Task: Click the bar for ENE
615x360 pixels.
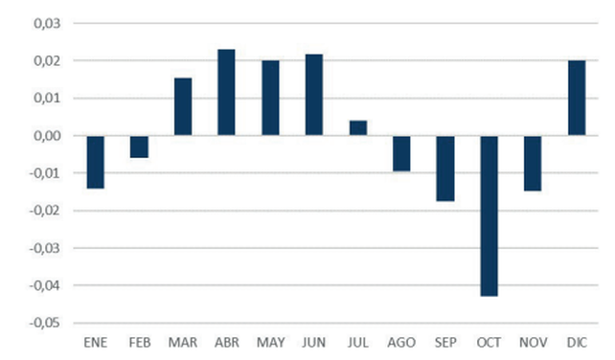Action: click(x=95, y=162)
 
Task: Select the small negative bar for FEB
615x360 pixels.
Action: click(x=139, y=146)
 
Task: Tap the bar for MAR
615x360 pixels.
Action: click(x=183, y=106)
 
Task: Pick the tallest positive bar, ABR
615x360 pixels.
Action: click(x=227, y=93)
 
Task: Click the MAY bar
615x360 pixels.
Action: click(x=271, y=98)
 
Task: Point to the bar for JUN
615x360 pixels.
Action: click(x=314, y=95)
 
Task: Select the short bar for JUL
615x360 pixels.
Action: click(x=358, y=128)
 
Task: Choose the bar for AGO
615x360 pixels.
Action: click(x=401, y=153)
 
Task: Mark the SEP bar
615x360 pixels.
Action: click(x=445, y=169)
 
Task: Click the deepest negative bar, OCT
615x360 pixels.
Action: click(x=490, y=215)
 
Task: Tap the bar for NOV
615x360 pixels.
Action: click(x=533, y=163)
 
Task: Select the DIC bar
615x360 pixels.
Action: click(x=577, y=98)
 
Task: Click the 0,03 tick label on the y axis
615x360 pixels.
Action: click(x=48, y=23)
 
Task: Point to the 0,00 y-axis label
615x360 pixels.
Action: click(x=48, y=136)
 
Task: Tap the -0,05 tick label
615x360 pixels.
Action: click(x=45, y=323)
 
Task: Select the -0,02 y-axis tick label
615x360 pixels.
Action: click(x=45, y=211)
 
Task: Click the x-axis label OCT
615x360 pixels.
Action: click(x=489, y=343)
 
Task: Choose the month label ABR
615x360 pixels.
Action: click(x=227, y=343)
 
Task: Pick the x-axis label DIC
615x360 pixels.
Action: click(x=577, y=343)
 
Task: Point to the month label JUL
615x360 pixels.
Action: click(x=357, y=343)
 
